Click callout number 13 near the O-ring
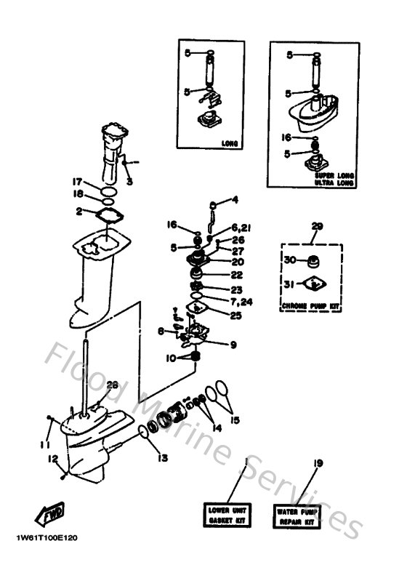pyautogui.click(x=161, y=458)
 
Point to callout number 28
pyautogui.click(x=111, y=385)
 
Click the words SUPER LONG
pyautogui.click(x=334, y=176)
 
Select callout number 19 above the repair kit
pyautogui.click(x=317, y=463)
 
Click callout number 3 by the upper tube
pyautogui.click(x=129, y=182)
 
